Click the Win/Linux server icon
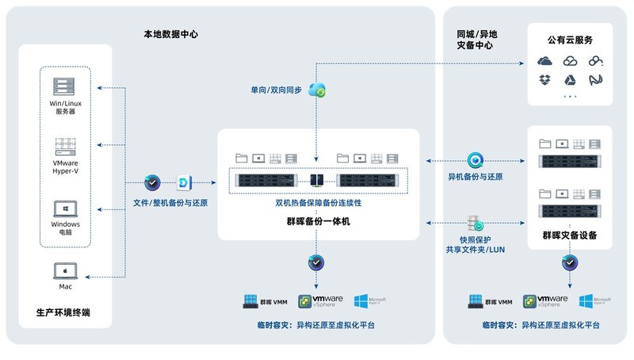click(64, 87)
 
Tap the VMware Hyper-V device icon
click(64, 147)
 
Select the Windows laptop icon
click(64, 209)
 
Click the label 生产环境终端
click(63, 312)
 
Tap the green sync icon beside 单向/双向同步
click(318, 91)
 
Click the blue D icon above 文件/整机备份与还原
click(182, 183)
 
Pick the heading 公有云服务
click(570, 40)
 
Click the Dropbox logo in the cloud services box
click(544, 79)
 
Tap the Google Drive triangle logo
click(570, 79)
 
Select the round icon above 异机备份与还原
click(475, 159)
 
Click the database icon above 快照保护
click(475, 221)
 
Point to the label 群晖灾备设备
click(570, 235)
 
